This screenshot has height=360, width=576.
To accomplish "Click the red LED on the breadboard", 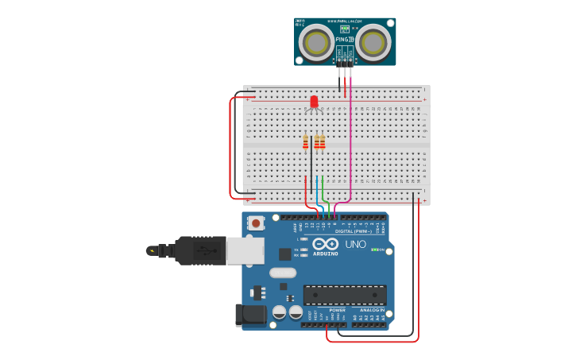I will click(314, 102).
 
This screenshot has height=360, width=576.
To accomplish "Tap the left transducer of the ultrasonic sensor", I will click(315, 41).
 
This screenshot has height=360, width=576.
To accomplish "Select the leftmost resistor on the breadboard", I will click(306, 142).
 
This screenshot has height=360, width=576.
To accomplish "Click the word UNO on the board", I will click(356, 244).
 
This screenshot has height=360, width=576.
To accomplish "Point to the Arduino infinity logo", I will click(331, 244).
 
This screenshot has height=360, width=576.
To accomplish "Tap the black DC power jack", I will click(252, 314).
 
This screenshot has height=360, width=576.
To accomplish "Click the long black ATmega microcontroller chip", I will click(345, 295).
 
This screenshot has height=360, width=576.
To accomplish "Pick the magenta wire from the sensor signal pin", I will click(350, 143).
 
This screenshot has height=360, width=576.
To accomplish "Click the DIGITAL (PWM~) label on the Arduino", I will click(350, 231).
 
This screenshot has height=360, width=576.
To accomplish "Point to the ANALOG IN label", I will click(367, 310).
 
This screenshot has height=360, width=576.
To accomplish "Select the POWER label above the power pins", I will click(327, 310).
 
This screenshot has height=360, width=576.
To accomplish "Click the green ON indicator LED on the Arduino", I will click(374, 250).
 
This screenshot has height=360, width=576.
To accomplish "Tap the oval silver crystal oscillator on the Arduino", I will click(282, 273).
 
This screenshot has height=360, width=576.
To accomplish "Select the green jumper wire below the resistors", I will click(323, 191).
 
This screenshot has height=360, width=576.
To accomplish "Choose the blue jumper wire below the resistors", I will click(317, 191).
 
